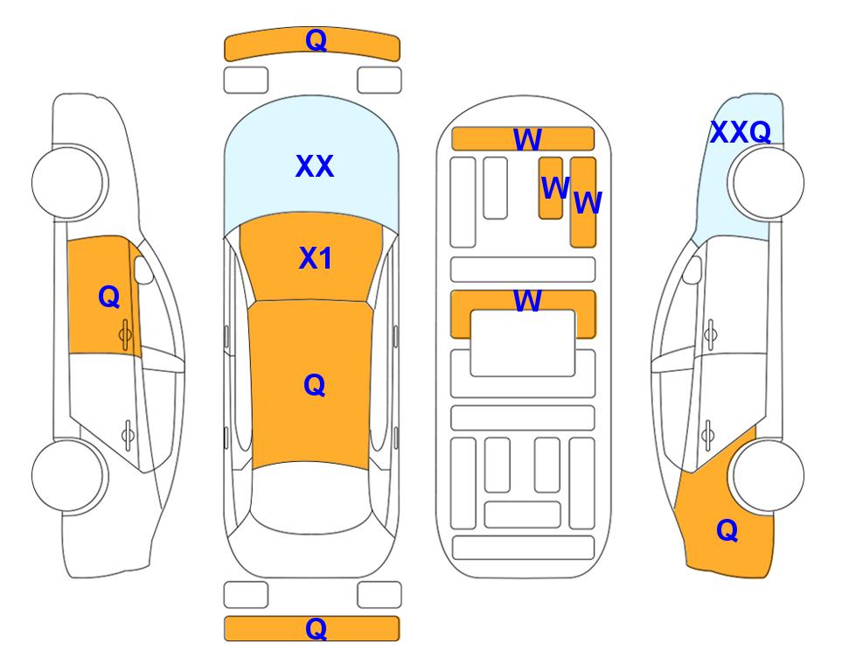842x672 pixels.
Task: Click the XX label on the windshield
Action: pos(315,166)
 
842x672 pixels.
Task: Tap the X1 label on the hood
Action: pos(316,259)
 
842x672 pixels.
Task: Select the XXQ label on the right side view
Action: pos(741,132)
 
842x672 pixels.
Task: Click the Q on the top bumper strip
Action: pos(316,40)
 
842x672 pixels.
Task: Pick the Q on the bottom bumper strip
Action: pos(316,628)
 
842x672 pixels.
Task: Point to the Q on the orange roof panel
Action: pos(314,385)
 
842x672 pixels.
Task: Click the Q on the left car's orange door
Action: pos(109,297)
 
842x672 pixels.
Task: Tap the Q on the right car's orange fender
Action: pos(727,530)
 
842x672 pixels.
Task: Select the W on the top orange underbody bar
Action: pos(527,140)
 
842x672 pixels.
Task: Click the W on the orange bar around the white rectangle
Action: pos(527,300)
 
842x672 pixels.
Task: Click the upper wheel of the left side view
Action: pos(69,182)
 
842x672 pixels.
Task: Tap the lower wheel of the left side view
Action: pos(69,475)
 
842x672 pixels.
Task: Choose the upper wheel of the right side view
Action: pos(768,182)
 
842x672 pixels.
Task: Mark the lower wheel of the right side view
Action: pos(768,475)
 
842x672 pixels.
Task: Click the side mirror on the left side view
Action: pos(143,269)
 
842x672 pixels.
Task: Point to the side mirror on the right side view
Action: pos(692,269)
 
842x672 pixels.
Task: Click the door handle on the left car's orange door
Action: pos(125,335)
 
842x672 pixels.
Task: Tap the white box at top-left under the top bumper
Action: pos(246,80)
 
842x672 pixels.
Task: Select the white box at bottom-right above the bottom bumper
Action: pos(379,595)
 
